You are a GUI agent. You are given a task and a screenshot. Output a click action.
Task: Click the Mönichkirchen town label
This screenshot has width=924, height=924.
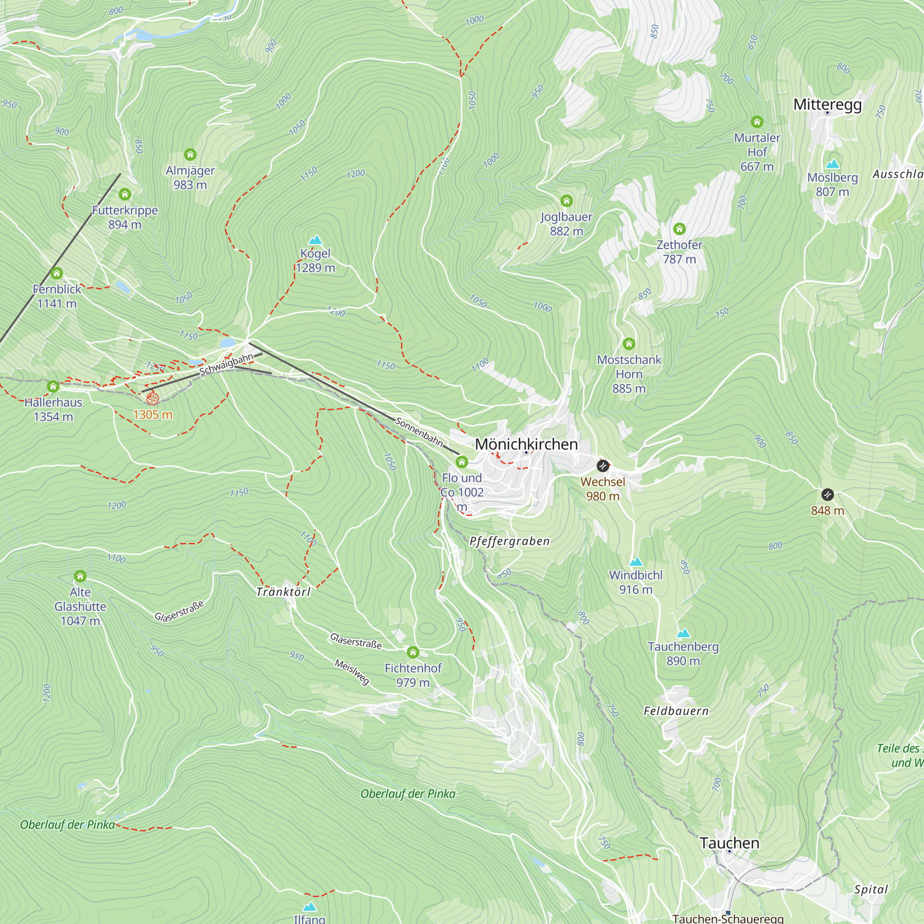point(526,444)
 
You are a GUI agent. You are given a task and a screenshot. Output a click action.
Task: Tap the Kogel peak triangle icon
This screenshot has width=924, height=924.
point(315,240)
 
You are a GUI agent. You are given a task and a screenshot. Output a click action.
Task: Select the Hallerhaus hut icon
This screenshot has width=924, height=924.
point(53,386)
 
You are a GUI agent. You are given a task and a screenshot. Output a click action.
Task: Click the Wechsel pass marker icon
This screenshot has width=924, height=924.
point(603,465)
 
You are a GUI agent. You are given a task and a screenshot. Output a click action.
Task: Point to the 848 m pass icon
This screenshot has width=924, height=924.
point(827,494)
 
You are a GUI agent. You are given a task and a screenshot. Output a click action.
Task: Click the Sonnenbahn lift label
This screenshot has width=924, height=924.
point(419,432)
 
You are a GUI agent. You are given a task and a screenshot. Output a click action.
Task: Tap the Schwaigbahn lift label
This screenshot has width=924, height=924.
point(226,365)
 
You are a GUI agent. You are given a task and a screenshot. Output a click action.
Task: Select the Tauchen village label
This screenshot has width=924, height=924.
point(729,843)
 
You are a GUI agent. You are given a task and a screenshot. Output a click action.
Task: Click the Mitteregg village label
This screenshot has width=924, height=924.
point(827,104)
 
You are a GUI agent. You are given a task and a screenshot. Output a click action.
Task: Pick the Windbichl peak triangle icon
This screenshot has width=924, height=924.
point(636,561)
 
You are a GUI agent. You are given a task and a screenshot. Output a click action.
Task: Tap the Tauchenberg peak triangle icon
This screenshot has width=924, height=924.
point(683,633)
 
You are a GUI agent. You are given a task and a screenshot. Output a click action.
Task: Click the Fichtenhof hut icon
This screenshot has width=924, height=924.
point(413,652)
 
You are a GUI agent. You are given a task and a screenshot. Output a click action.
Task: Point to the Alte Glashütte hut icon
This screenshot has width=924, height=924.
point(80,576)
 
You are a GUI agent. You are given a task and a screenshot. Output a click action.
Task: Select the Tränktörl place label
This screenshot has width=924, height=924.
point(283,592)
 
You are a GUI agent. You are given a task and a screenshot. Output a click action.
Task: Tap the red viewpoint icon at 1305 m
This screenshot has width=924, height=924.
point(152,398)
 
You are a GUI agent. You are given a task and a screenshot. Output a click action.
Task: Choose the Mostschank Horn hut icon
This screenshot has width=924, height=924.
point(629,343)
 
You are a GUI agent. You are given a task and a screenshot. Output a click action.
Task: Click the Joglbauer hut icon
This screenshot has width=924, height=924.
point(566,201)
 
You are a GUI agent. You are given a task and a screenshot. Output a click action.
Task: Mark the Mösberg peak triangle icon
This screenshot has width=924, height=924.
point(833,164)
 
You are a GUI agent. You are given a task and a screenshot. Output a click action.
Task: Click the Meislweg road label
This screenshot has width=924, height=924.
point(352,671)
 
